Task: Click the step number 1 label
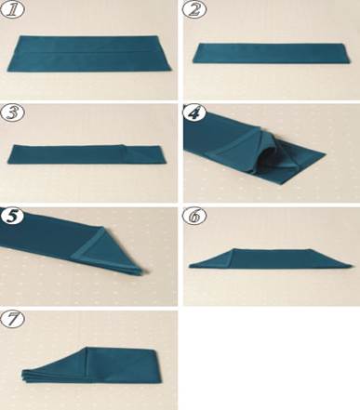pyautogui.click(x=12, y=9)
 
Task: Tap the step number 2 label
pyautogui.click(x=193, y=9)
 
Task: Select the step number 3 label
pyautogui.click(x=12, y=112)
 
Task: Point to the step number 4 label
pyautogui.click(x=194, y=112)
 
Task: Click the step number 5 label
pyautogui.click(x=12, y=216)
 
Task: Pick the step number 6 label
pyautogui.click(x=194, y=216)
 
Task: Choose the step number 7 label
pyautogui.click(x=12, y=319)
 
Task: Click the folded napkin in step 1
pyautogui.click(x=89, y=54)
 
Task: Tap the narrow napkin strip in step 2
pyautogui.click(x=272, y=53)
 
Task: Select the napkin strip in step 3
pyautogui.click(x=87, y=154)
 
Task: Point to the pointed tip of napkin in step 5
pyautogui.click(x=146, y=271)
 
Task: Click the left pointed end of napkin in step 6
pyautogui.click(x=190, y=266)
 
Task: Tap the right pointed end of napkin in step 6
pyautogui.click(x=351, y=266)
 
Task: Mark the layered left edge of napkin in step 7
pyautogui.click(x=24, y=376)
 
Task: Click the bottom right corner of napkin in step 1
pyautogui.click(x=171, y=71)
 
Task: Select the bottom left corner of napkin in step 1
pyautogui.click(x=7, y=71)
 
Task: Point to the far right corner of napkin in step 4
pyautogui.click(x=325, y=153)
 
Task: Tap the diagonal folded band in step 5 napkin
pyautogui.click(x=87, y=243)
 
